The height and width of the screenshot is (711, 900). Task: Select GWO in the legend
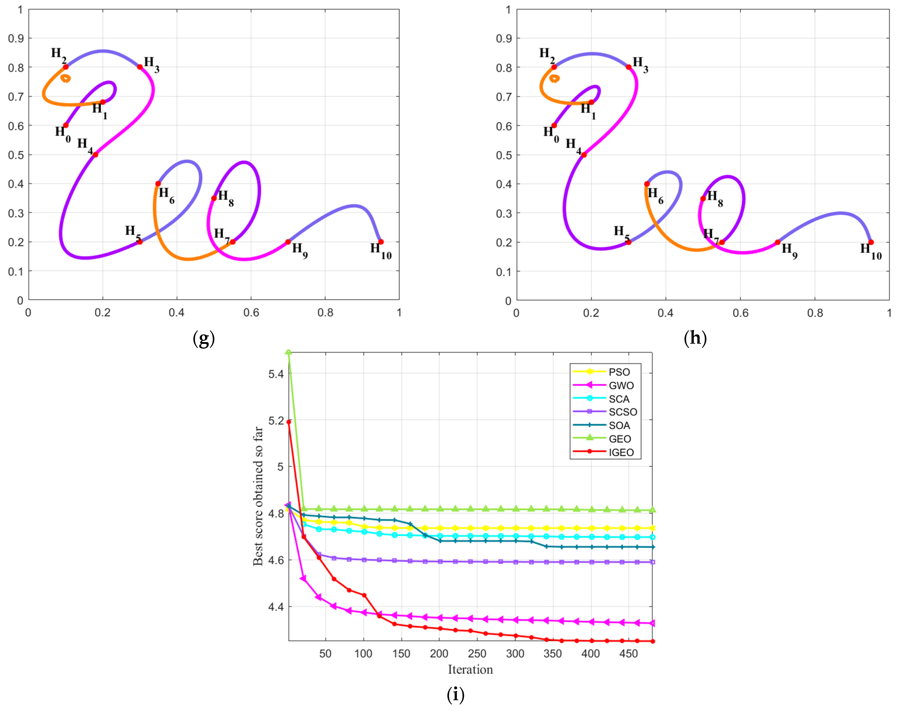pos(621,385)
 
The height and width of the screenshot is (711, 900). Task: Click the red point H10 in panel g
pos(381,242)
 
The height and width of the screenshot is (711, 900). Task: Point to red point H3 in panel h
pos(628,67)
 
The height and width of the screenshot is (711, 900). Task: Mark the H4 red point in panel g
pos(95,155)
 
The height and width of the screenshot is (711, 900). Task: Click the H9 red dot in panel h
pos(777,242)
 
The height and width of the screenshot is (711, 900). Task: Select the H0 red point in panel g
pos(66,125)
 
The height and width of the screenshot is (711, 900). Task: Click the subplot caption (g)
pos(204,339)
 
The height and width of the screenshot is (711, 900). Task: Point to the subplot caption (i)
pos(455,694)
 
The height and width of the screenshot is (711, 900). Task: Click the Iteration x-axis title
pos(470,669)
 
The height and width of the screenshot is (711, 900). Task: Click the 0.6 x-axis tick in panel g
pos(251,313)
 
